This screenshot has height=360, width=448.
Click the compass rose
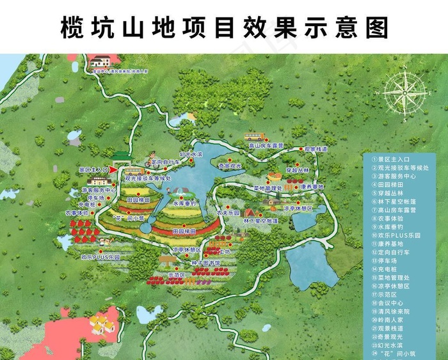pos(404,96)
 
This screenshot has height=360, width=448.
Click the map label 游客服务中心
pos(99,190)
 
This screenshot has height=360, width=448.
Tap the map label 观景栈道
pos(315,149)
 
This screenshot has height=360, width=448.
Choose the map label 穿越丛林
pos(297,171)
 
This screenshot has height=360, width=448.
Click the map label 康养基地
pos(312,187)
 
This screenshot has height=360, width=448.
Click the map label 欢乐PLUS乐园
pos(100,257)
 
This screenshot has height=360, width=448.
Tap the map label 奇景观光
pos(230,166)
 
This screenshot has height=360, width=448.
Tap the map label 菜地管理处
pos(268,189)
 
